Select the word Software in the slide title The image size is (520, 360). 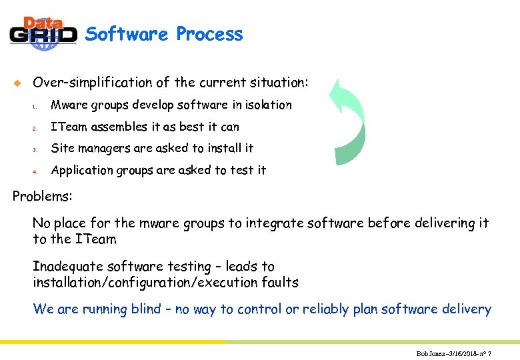[x=127, y=34]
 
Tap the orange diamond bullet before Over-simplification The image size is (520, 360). [x=17, y=83]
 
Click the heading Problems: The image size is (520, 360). [x=43, y=197]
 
